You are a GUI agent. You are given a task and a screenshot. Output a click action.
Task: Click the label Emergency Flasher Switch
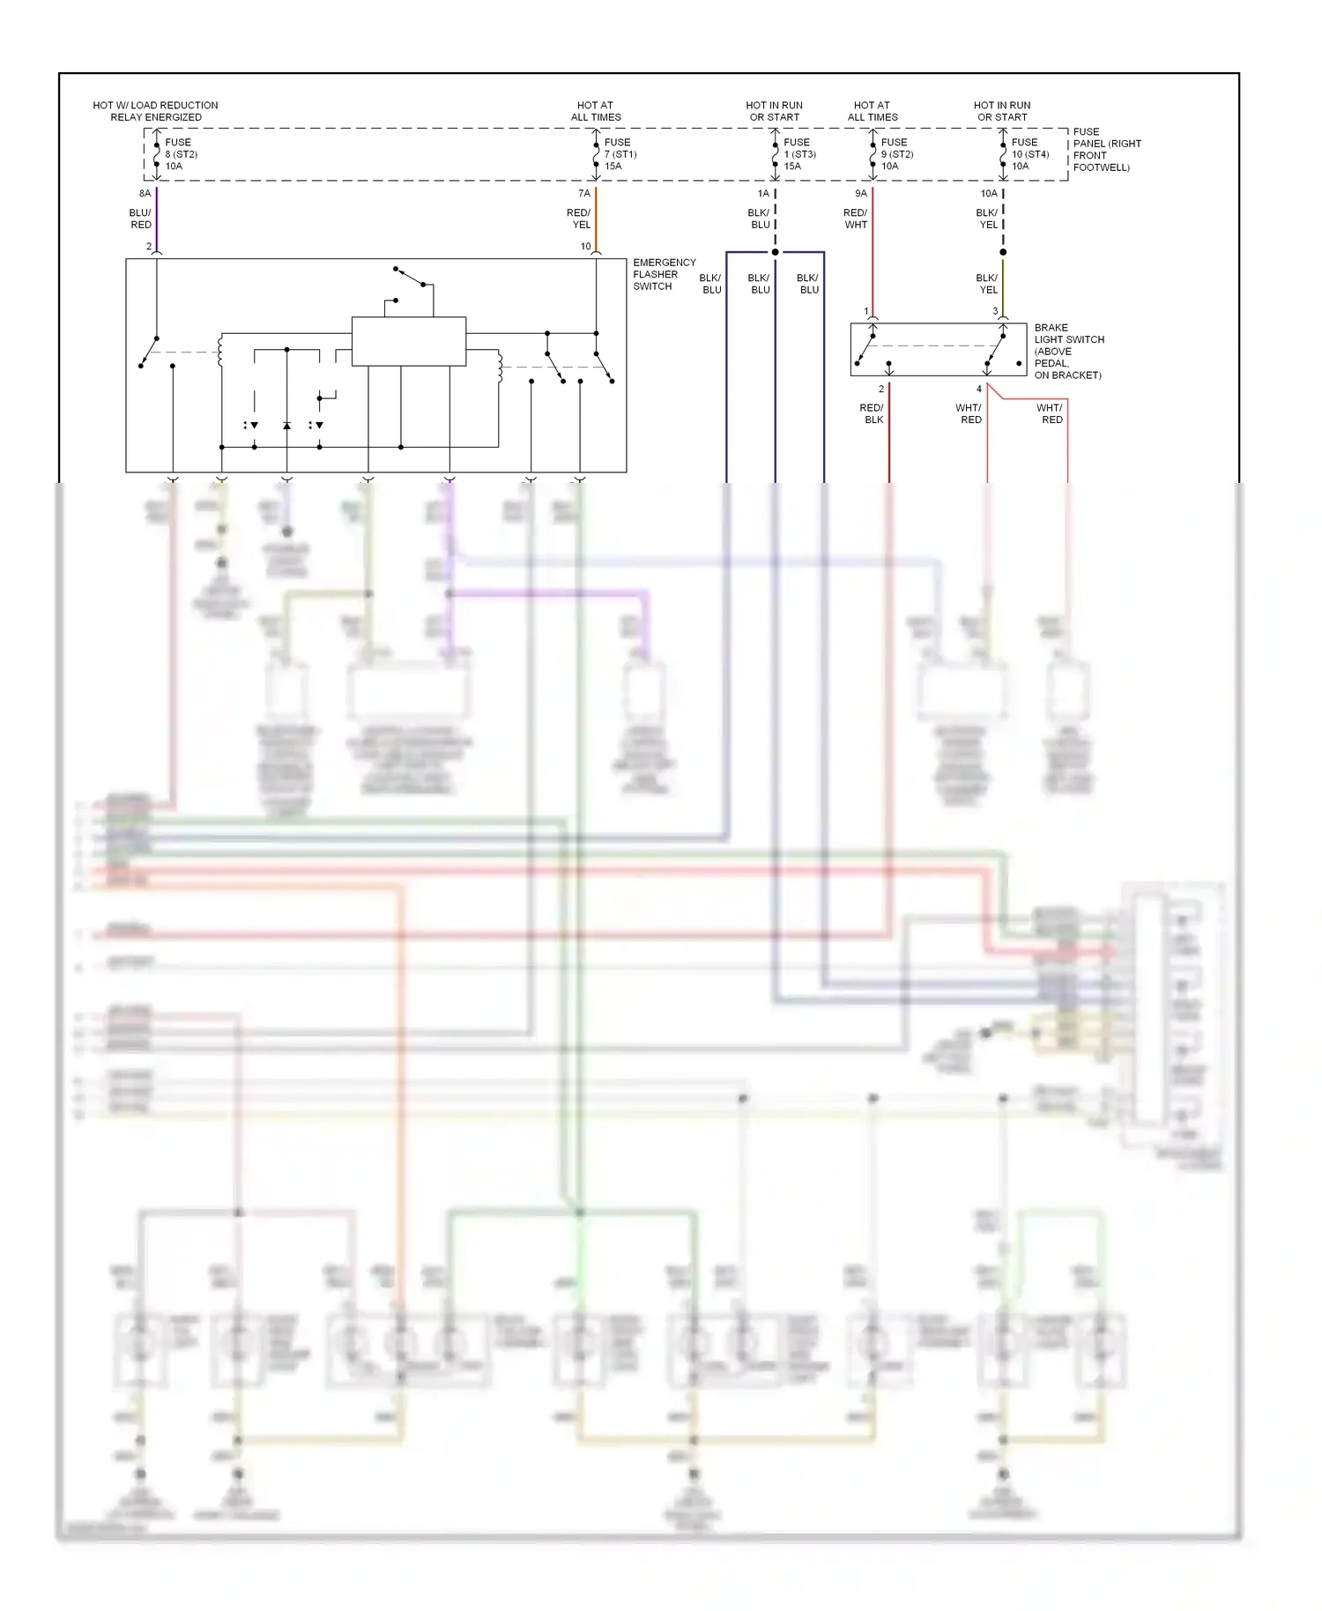pyautogui.click(x=664, y=274)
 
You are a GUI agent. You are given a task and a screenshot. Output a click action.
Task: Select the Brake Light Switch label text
pyautogui.click(x=1068, y=351)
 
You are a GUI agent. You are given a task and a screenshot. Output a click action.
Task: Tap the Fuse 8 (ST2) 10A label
pyautogui.click(x=181, y=154)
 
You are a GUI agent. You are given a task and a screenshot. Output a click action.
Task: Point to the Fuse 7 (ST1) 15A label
pyautogui.click(x=620, y=154)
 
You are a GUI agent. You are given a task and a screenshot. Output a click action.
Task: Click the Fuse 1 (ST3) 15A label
pyautogui.click(x=799, y=154)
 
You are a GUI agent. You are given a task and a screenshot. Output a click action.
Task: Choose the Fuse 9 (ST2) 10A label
pyautogui.click(x=896, y=154)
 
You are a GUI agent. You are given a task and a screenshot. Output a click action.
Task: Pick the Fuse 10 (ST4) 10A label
pyautogui.click(x=1029, y=154)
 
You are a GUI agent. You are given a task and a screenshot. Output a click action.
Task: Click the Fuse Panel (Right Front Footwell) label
pyautogui.click(x=1106, y=150)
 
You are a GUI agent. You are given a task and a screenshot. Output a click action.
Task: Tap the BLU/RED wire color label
pyautogui.click(x=140, y=219)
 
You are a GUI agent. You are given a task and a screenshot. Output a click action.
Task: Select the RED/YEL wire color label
pyautogui.click(x=578, y=219)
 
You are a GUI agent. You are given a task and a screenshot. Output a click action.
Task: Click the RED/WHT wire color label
pyautogui.click(x=855, y=219)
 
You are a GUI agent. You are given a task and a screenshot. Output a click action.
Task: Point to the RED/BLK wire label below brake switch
pyautogui.click(x=871, y=413)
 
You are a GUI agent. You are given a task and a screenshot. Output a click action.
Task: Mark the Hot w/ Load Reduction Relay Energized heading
pyautogui.click(x=155, y=111)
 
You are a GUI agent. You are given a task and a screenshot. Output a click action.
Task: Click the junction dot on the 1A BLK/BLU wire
pyautogui.click(x=776, y=252)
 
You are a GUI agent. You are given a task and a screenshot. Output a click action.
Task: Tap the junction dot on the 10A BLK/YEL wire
pyautogui.click(x=1003, y=252)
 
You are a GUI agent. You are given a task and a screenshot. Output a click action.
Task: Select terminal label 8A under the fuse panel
pyautogui.click(x=145, y=194)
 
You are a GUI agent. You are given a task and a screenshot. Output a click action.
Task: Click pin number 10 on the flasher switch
pyautogui.click(x=585, y=247)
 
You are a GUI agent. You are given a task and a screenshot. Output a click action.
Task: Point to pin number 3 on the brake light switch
pyautogui.click(x=995, y=311)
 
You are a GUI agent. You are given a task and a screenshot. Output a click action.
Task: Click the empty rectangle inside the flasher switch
pyautogui.click(x=408, y=341)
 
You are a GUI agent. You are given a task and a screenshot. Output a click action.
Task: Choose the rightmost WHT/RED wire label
pyautogui.click(x=1051, y=413)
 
